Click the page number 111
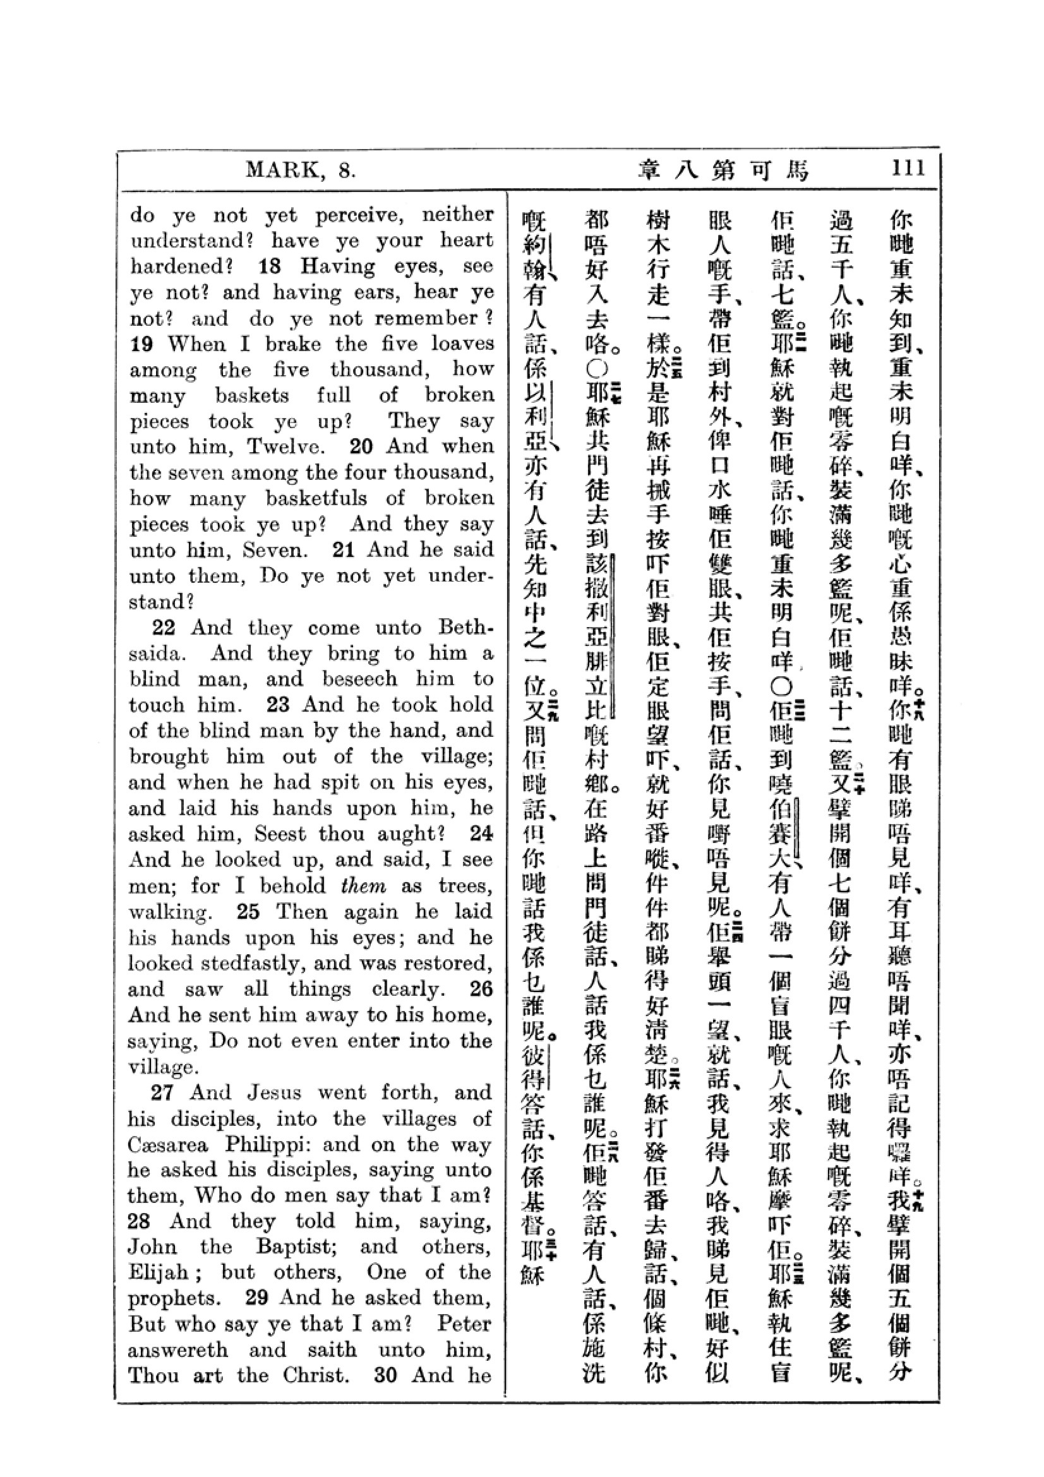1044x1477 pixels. coord(908,169)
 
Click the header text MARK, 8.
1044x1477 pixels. coord(301,170)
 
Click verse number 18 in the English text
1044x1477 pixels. coord(270,266)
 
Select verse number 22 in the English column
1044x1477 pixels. coord(164,627)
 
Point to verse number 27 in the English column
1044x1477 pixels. coord(162,1092)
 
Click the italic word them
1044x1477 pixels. coord(363,886)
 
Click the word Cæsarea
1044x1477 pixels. coord(168,1144)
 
